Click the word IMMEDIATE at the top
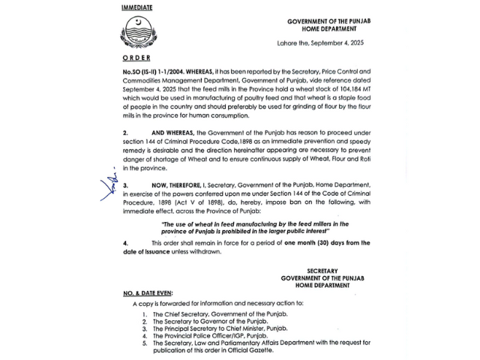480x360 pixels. pos(137,7)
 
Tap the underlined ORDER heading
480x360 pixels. pos(136,58)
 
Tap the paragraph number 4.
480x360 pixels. pos(125,242)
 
